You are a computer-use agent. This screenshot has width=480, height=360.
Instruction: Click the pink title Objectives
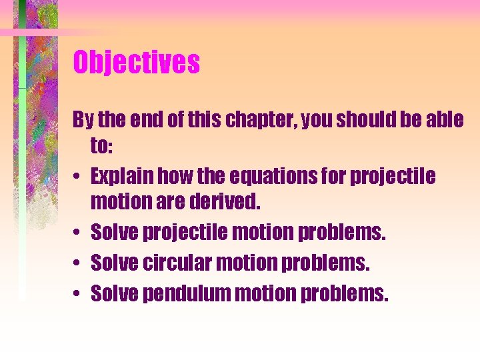[x=136, y=63]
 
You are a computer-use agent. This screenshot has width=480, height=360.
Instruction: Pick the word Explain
[x=123, y=177]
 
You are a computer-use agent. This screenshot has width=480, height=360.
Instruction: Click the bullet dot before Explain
[x=78, y=178]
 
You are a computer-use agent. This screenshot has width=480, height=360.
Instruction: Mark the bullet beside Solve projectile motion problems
[x=78, y=233]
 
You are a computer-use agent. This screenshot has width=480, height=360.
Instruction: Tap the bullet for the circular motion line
[x=78, y=263]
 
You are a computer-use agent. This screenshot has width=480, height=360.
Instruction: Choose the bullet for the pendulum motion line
[x=78, y=294]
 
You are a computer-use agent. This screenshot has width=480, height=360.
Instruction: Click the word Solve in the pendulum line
[x=114, y=293]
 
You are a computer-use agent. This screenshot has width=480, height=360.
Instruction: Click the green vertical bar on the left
[x=22, y=167]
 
